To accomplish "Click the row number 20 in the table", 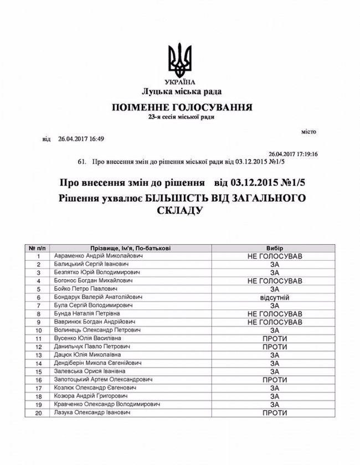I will [38, 413].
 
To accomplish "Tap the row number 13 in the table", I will [38, 354].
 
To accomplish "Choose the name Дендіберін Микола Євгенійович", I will [99, 363].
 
